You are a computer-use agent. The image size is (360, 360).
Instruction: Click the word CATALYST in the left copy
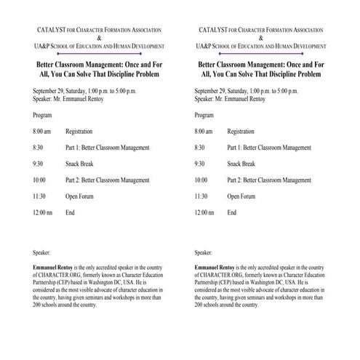click(49, 29)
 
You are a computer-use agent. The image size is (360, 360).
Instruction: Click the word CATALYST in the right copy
click(212, 29)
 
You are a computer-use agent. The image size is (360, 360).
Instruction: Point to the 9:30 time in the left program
click(39, 164)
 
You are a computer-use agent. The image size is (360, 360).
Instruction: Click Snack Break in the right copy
click(241, 164)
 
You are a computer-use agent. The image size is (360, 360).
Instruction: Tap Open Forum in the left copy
click(80, 196)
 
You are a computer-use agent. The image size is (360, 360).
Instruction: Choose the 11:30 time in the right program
click(202, 196)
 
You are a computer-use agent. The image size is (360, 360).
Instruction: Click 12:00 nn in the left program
click(44, 212)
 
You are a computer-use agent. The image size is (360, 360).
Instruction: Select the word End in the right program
click(231, 212)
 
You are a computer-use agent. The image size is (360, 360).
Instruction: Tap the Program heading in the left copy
click(42, 116)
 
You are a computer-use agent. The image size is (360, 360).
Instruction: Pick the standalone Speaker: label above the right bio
click(205, 253)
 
